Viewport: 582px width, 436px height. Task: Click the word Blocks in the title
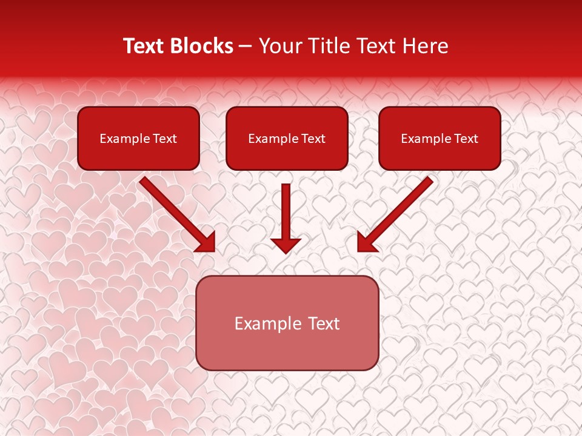coord(201,46)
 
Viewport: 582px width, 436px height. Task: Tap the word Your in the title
coord(279,46)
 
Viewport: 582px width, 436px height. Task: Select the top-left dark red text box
coord(138,138)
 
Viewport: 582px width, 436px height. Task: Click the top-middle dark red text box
coord(287,138)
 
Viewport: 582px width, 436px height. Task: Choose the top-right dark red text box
coord(440,138)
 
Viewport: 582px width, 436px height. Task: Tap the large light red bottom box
coord(287,323)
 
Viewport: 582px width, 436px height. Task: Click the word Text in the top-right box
coord(466,139)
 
